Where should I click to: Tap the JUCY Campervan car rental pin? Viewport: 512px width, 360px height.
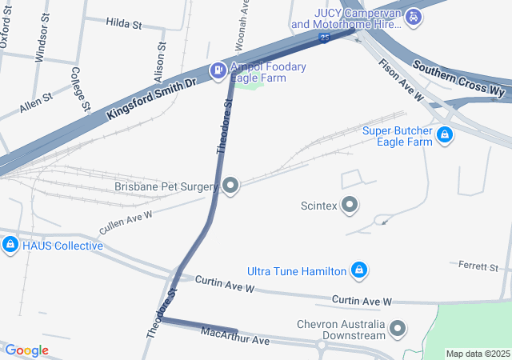click(414, 17)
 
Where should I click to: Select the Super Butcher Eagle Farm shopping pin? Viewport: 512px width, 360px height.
click(446, 136)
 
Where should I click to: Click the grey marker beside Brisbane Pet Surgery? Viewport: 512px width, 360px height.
click(231, 186)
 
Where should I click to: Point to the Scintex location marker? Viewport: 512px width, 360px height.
click(350, 206)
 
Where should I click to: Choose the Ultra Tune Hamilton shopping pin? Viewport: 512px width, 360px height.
click(360, 271)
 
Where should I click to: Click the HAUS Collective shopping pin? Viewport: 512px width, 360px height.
click(10, 245)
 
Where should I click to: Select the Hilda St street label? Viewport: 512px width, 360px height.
click(123, 24)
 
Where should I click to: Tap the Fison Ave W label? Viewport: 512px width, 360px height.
click(401, 80)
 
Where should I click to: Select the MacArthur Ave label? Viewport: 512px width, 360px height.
click(235, 335)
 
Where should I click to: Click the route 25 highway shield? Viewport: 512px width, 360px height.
click(322, 37)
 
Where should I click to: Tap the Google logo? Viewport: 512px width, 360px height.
click(26, 350)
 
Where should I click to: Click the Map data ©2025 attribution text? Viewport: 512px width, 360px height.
click(477, 354)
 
